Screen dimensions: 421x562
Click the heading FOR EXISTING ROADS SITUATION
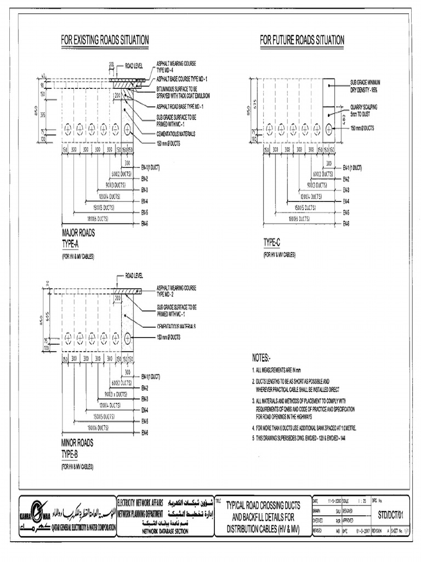[x=105, y=40]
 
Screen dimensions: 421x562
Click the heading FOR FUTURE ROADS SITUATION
[x=302, y=40]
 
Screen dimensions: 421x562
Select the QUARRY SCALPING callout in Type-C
[x=364, y=110]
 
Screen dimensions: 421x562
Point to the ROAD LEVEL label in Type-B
[x=134, y=274]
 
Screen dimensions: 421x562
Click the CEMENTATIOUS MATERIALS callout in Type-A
[x=176, y=133]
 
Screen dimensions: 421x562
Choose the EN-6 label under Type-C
[x=346, y=223]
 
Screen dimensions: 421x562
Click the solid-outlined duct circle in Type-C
[x=329, y=130]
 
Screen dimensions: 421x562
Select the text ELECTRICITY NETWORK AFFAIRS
[x=140, y=502]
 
